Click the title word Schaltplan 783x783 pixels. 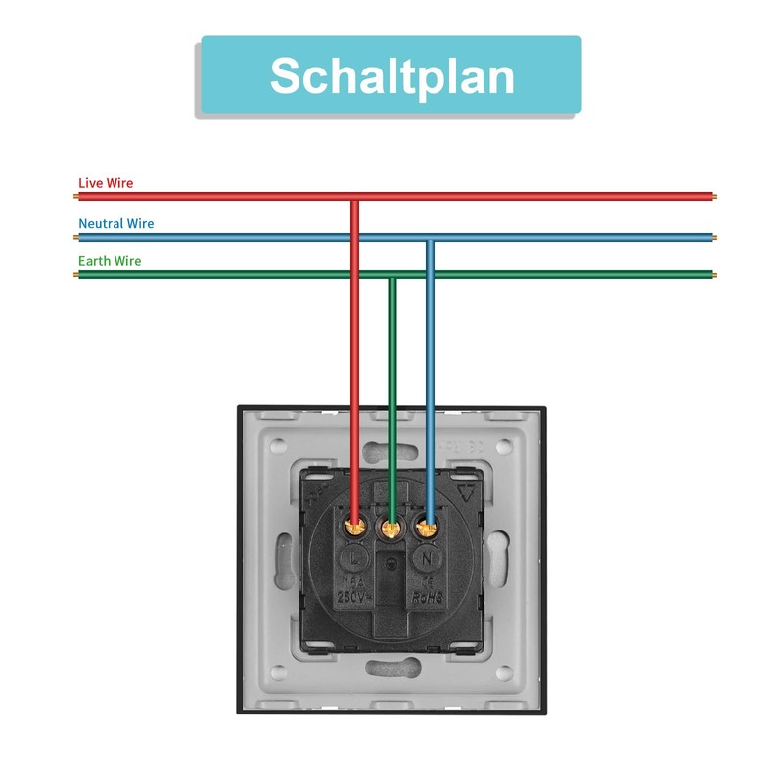[391, 75]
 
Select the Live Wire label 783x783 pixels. [106, 183]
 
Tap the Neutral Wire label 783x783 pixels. [115, 223]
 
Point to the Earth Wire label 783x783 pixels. [110, 261]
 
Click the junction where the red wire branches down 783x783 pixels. [355, 197]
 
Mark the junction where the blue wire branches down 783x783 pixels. [429, 237]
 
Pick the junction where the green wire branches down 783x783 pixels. [391, 276]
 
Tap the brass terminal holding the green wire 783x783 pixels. [391, 530]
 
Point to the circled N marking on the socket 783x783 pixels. [428, 559]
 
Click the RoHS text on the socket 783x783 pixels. [428, 596]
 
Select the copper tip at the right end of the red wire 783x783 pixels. [713, 197]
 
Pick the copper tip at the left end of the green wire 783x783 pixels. [76, 275]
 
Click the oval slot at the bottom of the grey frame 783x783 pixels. [391, 668]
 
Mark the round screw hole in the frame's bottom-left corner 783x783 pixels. [279, 673]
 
